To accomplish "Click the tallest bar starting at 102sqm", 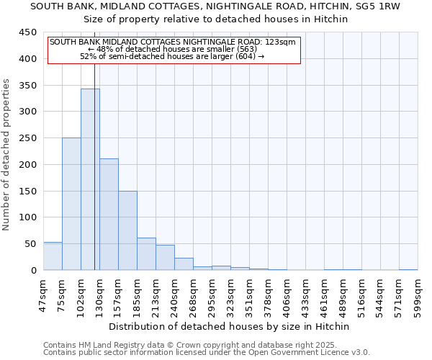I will [x=90, y=179].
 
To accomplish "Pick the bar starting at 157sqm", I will [x=127, y=230].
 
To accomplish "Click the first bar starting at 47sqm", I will [x=53, y=256].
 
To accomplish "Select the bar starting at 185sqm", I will [x=146, y=254].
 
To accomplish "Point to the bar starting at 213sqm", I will [x=165, y=258].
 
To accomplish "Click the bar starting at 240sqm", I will [x=184, y=264].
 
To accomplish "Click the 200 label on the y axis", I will [x=27, y=165].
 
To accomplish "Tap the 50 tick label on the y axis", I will [x=30, y=244].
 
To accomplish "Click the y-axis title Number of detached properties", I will [x=7, y=154].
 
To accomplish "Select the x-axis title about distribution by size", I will [x=230, y=327].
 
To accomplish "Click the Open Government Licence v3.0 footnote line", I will [x=207, y=353].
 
